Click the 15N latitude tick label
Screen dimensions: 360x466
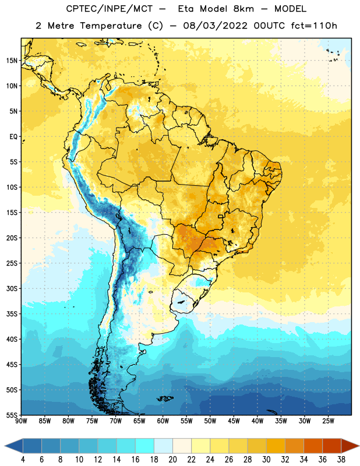12,61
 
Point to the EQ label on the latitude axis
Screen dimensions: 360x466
13,137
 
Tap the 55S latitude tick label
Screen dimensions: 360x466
12,415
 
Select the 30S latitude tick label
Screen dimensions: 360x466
12,288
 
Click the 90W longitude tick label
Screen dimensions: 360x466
21,421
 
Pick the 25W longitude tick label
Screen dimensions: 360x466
328,421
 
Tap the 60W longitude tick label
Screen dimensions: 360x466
163,421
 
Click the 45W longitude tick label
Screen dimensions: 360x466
234,421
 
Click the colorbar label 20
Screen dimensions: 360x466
172,460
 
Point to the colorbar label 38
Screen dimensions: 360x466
341,460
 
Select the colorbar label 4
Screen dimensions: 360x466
23,460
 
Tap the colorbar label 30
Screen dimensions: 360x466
266,460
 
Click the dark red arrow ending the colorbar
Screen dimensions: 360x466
350,446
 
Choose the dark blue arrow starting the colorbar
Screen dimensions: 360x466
14,446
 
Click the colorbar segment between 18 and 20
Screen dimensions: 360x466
163,446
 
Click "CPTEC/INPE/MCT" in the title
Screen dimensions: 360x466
109,9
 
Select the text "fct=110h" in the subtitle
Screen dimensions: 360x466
314,26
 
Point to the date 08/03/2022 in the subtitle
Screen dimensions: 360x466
215,26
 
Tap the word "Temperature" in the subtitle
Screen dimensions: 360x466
111,26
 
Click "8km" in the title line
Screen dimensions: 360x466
243,9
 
